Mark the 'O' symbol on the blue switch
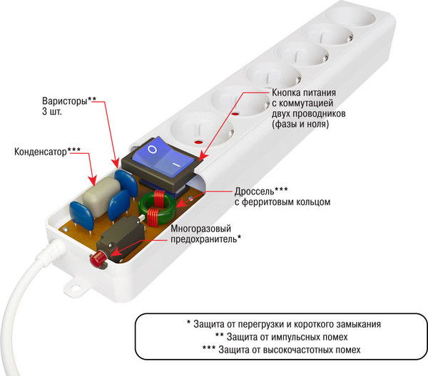pyautogui.click(x=151, y=151)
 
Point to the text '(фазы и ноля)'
pyautogui.click(x=297, y=125)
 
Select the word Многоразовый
pyautogui.click(x=203, y=229)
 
